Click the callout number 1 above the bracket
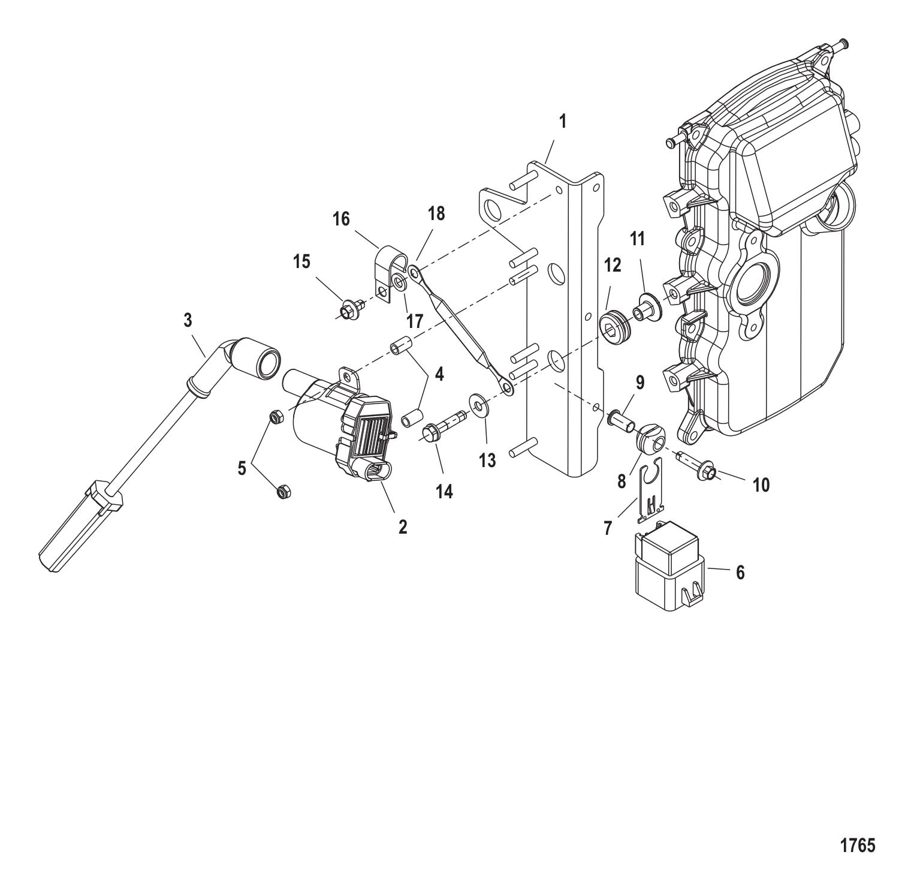pos(562,122)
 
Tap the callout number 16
pos(341,219)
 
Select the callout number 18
pos(436,213)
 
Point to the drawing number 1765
pos(858,845)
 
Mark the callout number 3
pos(188,320)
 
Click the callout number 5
pos(242,468)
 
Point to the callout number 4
pos(439,375)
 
